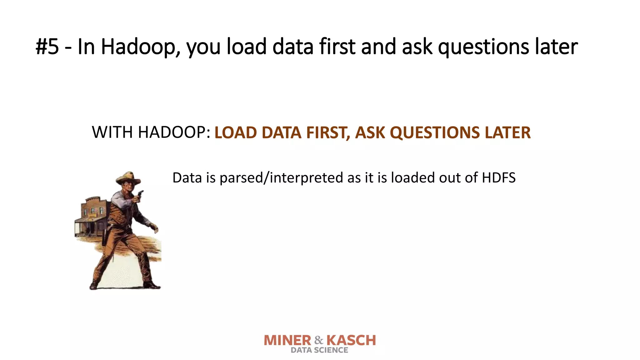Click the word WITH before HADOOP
point(112,132)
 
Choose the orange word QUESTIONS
point(434,132)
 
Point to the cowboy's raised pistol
point(140,195)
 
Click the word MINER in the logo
point(287,340)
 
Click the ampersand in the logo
point(319,340)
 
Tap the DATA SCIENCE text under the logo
point(319,350)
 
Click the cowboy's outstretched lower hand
point(154,228)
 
